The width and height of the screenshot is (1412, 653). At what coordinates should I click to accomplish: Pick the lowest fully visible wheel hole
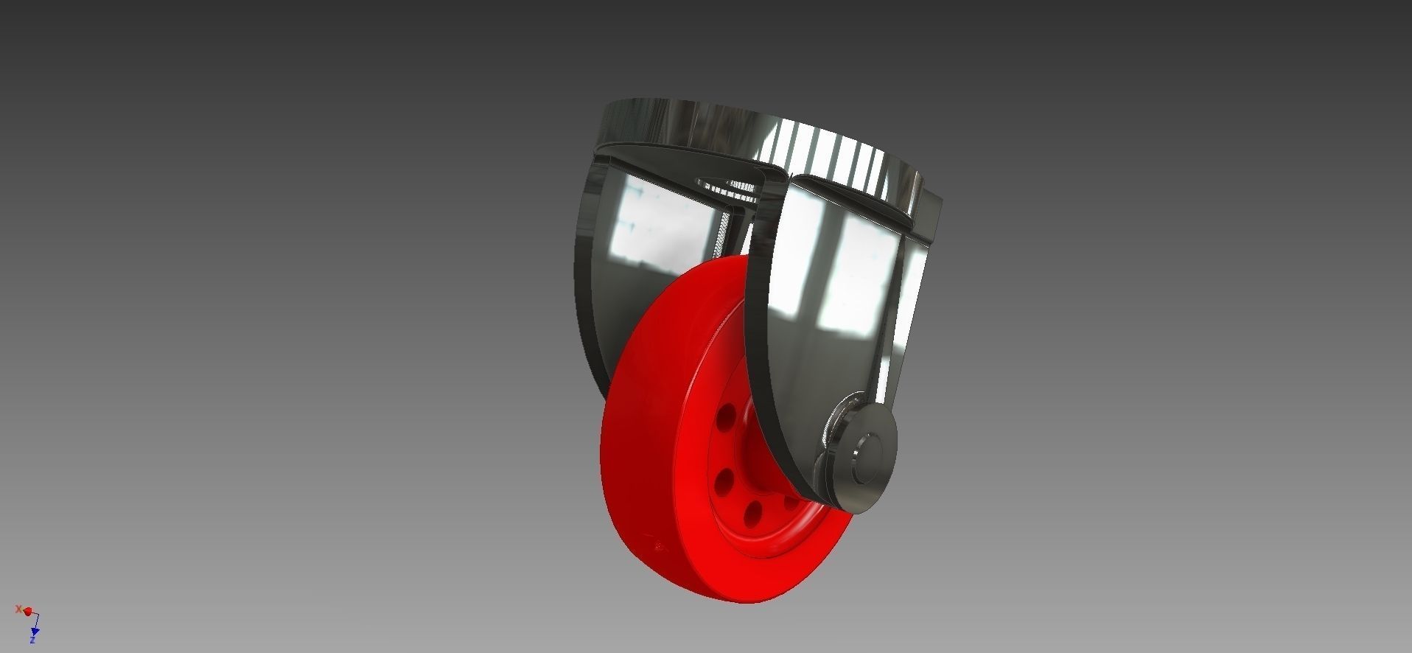752,514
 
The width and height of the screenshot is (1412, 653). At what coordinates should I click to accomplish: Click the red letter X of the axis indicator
18,609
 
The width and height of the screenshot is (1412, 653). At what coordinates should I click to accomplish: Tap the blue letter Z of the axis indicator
33,640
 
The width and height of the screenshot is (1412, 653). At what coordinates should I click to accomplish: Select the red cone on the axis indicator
28,612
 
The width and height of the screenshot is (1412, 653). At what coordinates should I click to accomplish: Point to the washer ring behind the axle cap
834,442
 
